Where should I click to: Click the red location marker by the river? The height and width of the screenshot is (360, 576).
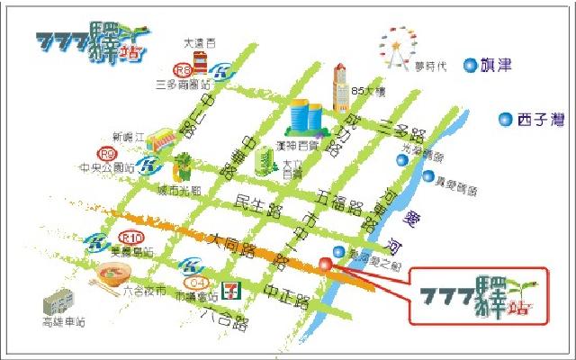point(325,264)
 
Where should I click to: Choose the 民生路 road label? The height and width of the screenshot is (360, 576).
point(254,204)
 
